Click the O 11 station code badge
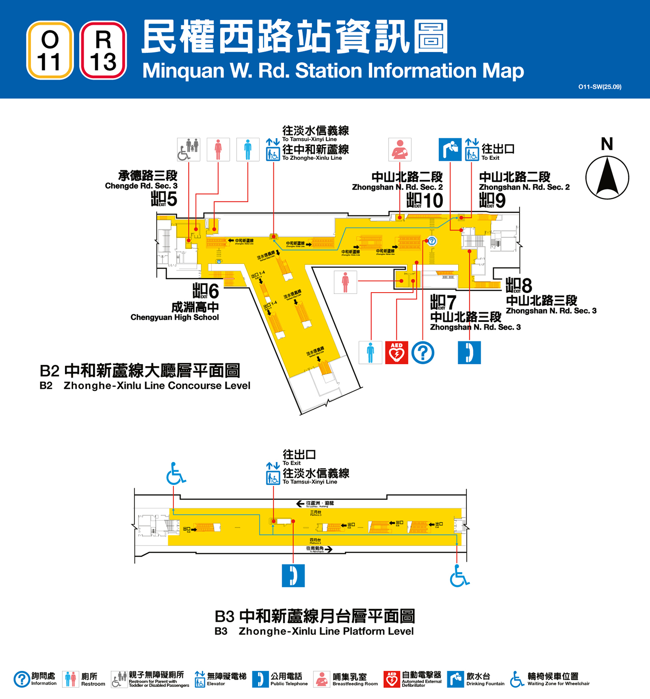tap(50, 51)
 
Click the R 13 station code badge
tap(103, 51)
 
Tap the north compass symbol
tap(607, 177)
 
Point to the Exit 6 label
tap(206, 291)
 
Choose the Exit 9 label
tap(492, 200)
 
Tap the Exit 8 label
tap(519, 285)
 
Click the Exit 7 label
tap(443, 302)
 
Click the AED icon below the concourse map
tap(396, 353)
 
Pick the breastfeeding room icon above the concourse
tap(400, 149)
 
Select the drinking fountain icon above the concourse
tap(450, 149)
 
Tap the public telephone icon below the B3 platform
tap(293, 576)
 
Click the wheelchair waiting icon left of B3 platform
tap(176, 474)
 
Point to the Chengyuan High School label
tap(175, 317)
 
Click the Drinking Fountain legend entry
tap(476, 679)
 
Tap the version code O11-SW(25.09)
tap(599, 87)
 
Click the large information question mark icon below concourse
tap(422, 353)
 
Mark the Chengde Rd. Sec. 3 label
tap(141, 186)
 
